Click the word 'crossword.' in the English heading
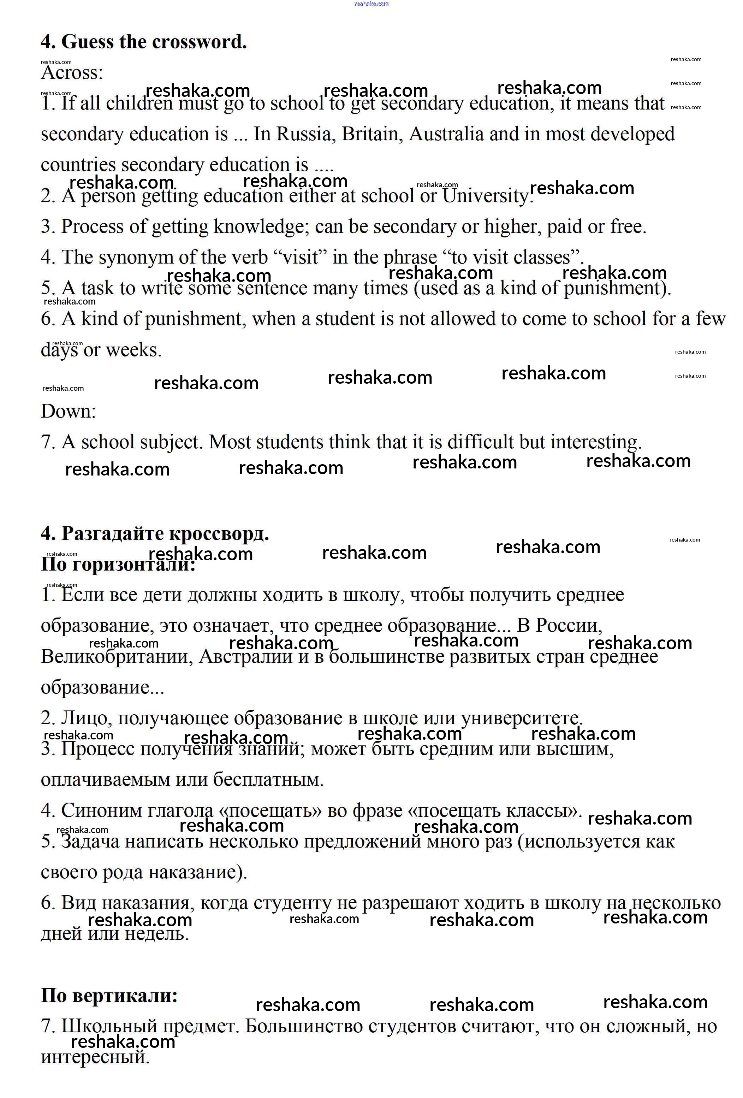pyautogui.click(x=199, y=42)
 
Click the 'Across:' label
pyautogui.click(x=72, y=72)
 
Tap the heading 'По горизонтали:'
pyautogui.click(x=118, y=563)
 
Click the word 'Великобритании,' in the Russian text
pyautogui.click(x=117, y=656)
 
